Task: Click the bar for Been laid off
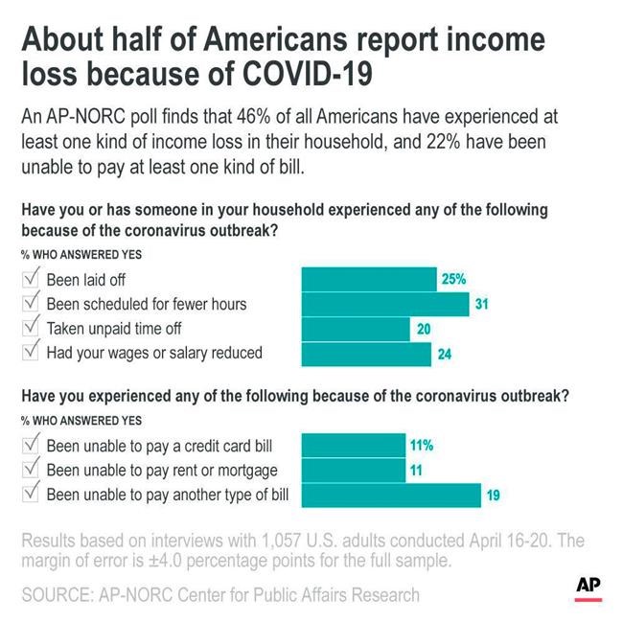click(x=368, y=280)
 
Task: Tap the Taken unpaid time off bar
click(x=356, y=329)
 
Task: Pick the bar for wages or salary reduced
click(x=366, y=354)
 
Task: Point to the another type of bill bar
click(x=391, y=495)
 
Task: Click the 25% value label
click(x=453, y=280)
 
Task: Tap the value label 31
click(x=482, y=305)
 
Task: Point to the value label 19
click(x=494, y=496)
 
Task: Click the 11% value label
click(x=423, y=446)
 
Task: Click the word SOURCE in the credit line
click(x=58, y=595)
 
